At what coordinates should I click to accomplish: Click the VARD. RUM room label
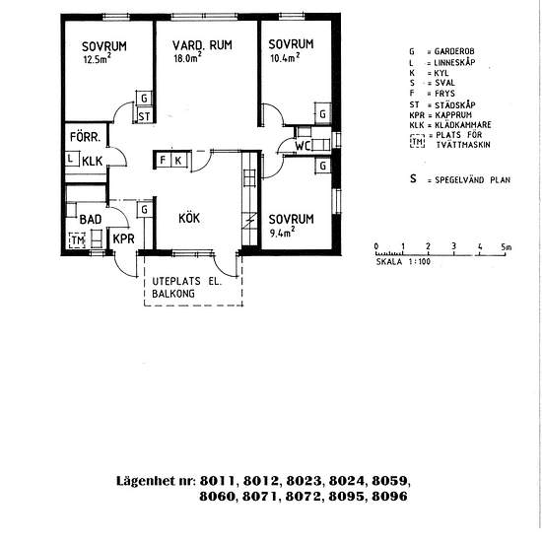point(202,45)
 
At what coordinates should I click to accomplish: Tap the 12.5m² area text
point(98,58)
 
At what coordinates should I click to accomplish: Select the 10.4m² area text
point(285,57)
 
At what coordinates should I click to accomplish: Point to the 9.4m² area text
point(282,232)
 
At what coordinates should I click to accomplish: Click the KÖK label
point(189,218)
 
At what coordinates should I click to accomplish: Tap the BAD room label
point(91,219)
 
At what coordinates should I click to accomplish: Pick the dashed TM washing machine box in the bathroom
point(77,239)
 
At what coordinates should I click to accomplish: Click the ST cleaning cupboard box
point(144,115)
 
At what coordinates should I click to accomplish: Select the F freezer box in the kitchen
point(164,160)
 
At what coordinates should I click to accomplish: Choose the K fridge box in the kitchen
point(179,160)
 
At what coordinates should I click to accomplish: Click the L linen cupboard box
point(72,159)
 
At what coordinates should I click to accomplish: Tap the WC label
point(303,146)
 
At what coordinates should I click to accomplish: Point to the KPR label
point(123,238)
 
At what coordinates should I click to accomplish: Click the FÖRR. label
point(85,137)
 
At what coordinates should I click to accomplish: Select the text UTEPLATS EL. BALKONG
point(186,288)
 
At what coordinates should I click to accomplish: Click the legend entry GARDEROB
point(454,51)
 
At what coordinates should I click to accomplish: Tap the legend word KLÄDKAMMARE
point(463,124)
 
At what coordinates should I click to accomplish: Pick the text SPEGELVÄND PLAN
point(472,179)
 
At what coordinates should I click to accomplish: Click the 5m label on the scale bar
point(507,246)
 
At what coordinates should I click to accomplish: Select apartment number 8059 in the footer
point(391,481)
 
